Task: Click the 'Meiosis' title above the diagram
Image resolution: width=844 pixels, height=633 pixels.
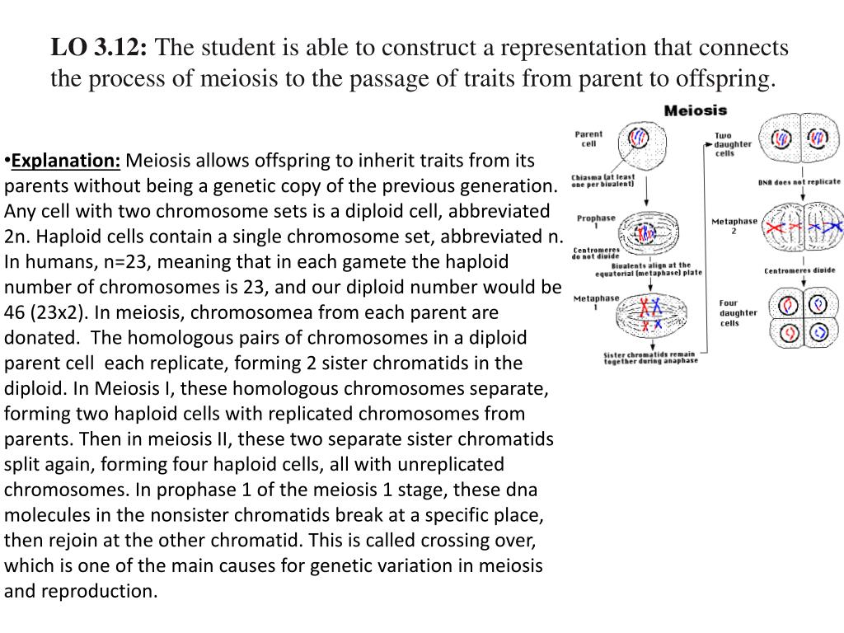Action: click(696, 110)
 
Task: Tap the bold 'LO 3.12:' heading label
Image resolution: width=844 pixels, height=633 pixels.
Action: click(100, 49)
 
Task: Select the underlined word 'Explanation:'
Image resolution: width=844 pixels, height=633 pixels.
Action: click(67, 159)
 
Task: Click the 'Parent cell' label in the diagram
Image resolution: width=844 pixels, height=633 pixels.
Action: click(588, 138)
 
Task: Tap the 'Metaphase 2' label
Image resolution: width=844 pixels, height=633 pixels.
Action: click(734, 226)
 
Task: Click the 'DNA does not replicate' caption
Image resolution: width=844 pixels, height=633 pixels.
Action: click(799, 182)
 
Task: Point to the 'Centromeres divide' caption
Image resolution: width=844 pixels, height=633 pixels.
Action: click(799, 270)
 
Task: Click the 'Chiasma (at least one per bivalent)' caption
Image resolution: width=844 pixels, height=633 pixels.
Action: click(603, 181)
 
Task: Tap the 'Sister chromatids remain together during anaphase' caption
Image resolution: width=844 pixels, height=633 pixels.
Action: click(650, 358)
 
